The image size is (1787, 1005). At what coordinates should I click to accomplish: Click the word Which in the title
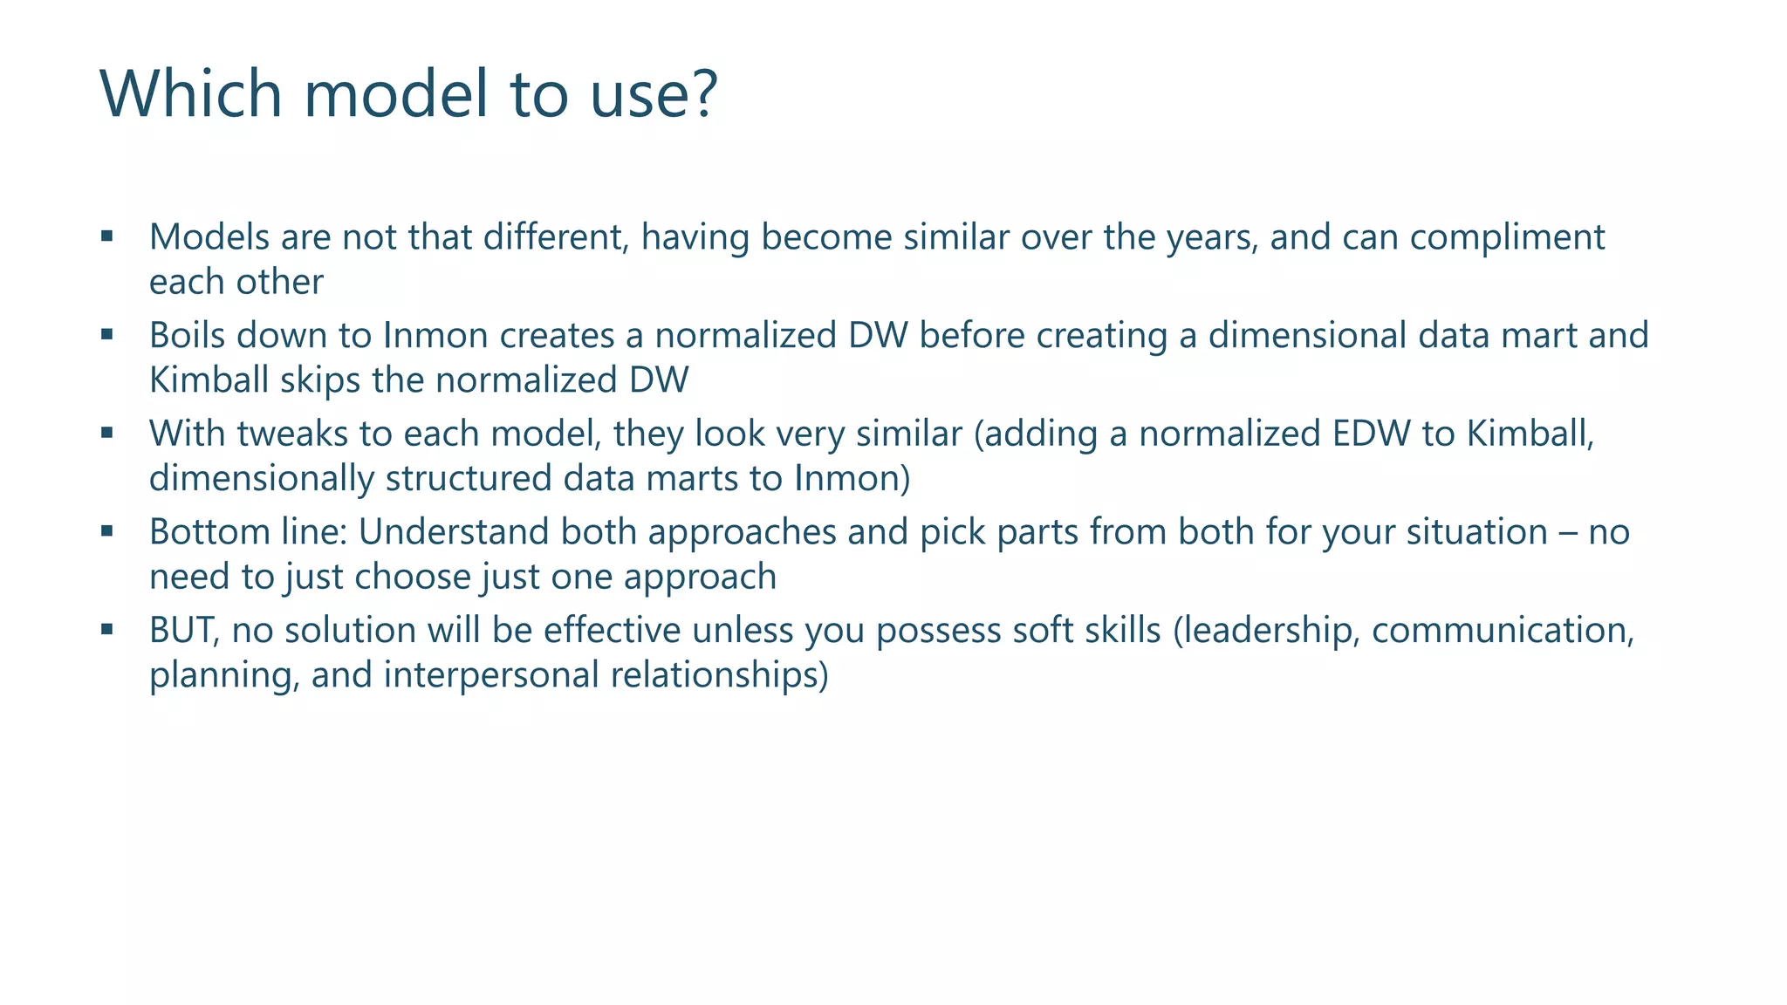coord(190,93)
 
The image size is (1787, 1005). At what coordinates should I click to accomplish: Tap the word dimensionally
coord(262,479)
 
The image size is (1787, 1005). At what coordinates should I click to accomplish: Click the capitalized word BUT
coord(184,631)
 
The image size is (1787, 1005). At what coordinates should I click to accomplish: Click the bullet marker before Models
coord(107,236)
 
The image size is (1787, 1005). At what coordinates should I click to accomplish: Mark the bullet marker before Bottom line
coord(107,530)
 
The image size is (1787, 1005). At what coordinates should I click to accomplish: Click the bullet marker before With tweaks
coord(107,432)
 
